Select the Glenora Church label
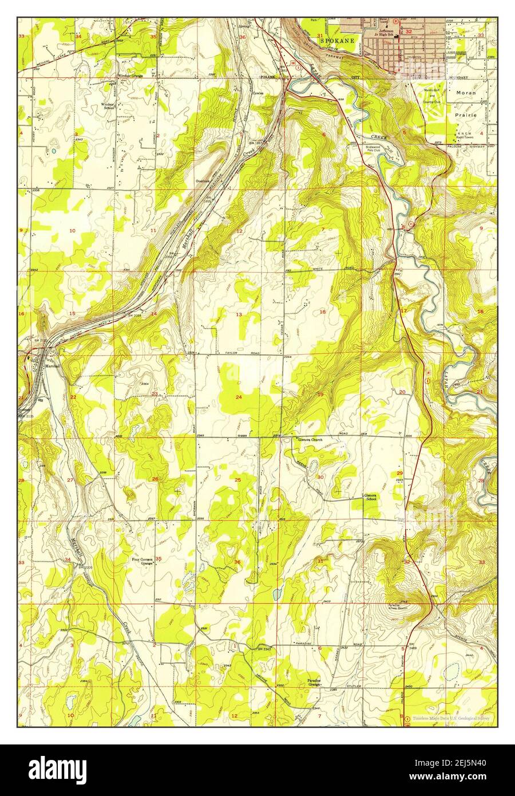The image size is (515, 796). (x=311, y=440)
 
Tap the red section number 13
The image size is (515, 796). (x=239, y=314)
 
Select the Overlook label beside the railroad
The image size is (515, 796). (x=203, y=181)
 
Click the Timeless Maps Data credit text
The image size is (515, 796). (x=451, y=718)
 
